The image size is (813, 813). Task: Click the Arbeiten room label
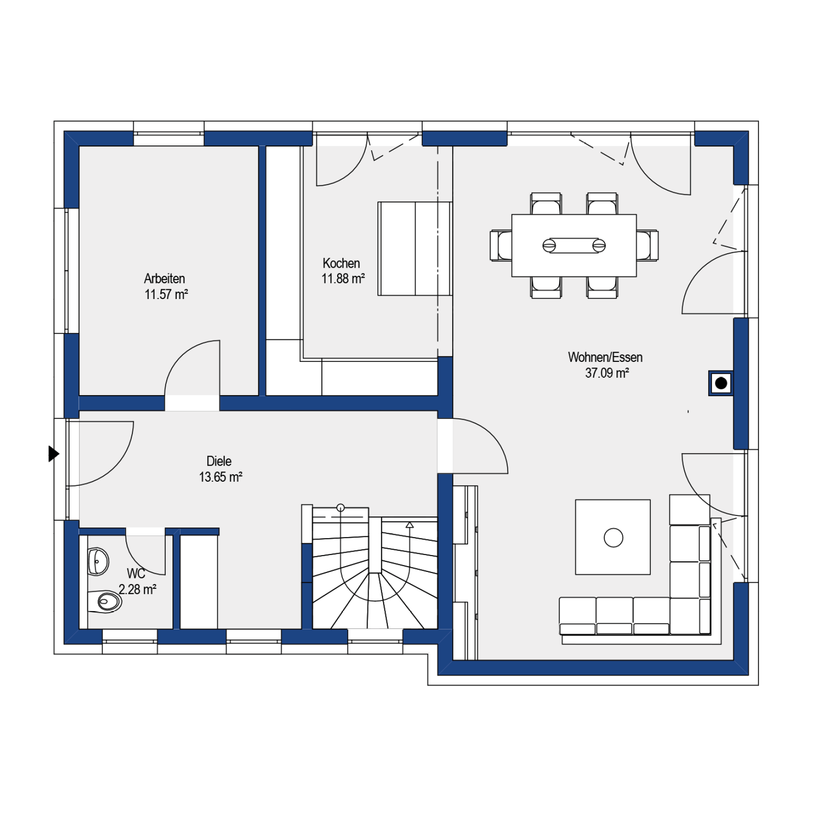tap(164, 278)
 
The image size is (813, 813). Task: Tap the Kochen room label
tap(341, 263)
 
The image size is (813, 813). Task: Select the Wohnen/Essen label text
tap(605, 357)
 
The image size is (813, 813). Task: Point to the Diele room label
tap(219, 461)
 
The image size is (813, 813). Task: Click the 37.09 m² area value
tap(607, 373)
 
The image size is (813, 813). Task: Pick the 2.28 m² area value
tap(138, 589)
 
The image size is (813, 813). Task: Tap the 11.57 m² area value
tap(166, 294)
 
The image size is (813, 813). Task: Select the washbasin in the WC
tap(98, 561)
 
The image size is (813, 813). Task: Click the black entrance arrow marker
tap(54, 454)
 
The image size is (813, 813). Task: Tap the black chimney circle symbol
tap(721, 384)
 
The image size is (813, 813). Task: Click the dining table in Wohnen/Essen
tap(574, 245)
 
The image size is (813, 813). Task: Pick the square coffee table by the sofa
tap(613, 537)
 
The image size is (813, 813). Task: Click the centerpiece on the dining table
tap(574, 245)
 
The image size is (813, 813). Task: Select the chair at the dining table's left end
tap(501, 245)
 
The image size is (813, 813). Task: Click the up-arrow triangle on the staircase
tap(410, 525)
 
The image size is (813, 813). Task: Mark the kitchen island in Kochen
tap(415, 249)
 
